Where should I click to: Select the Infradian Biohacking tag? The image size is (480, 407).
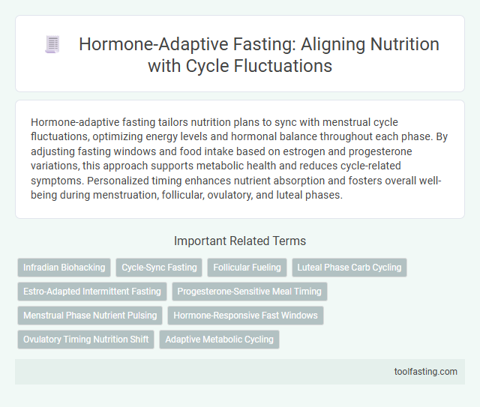pos(64,268)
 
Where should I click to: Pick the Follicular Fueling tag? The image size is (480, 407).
pos(247,268)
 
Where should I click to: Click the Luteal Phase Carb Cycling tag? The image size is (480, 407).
pos(349,268)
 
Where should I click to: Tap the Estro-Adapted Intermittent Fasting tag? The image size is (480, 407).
pos(91,292)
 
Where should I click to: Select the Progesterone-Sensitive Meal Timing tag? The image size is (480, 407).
pos(250,292)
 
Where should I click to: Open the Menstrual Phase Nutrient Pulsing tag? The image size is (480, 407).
pos(89,316)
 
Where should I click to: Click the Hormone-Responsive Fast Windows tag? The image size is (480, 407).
pos(245,316)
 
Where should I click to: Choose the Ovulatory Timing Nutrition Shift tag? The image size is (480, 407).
pos(85,340)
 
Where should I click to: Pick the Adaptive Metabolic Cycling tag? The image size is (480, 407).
pos(219,340)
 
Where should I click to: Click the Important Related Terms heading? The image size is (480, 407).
pos(239,241)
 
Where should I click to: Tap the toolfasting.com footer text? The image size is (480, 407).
pos(427,371)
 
